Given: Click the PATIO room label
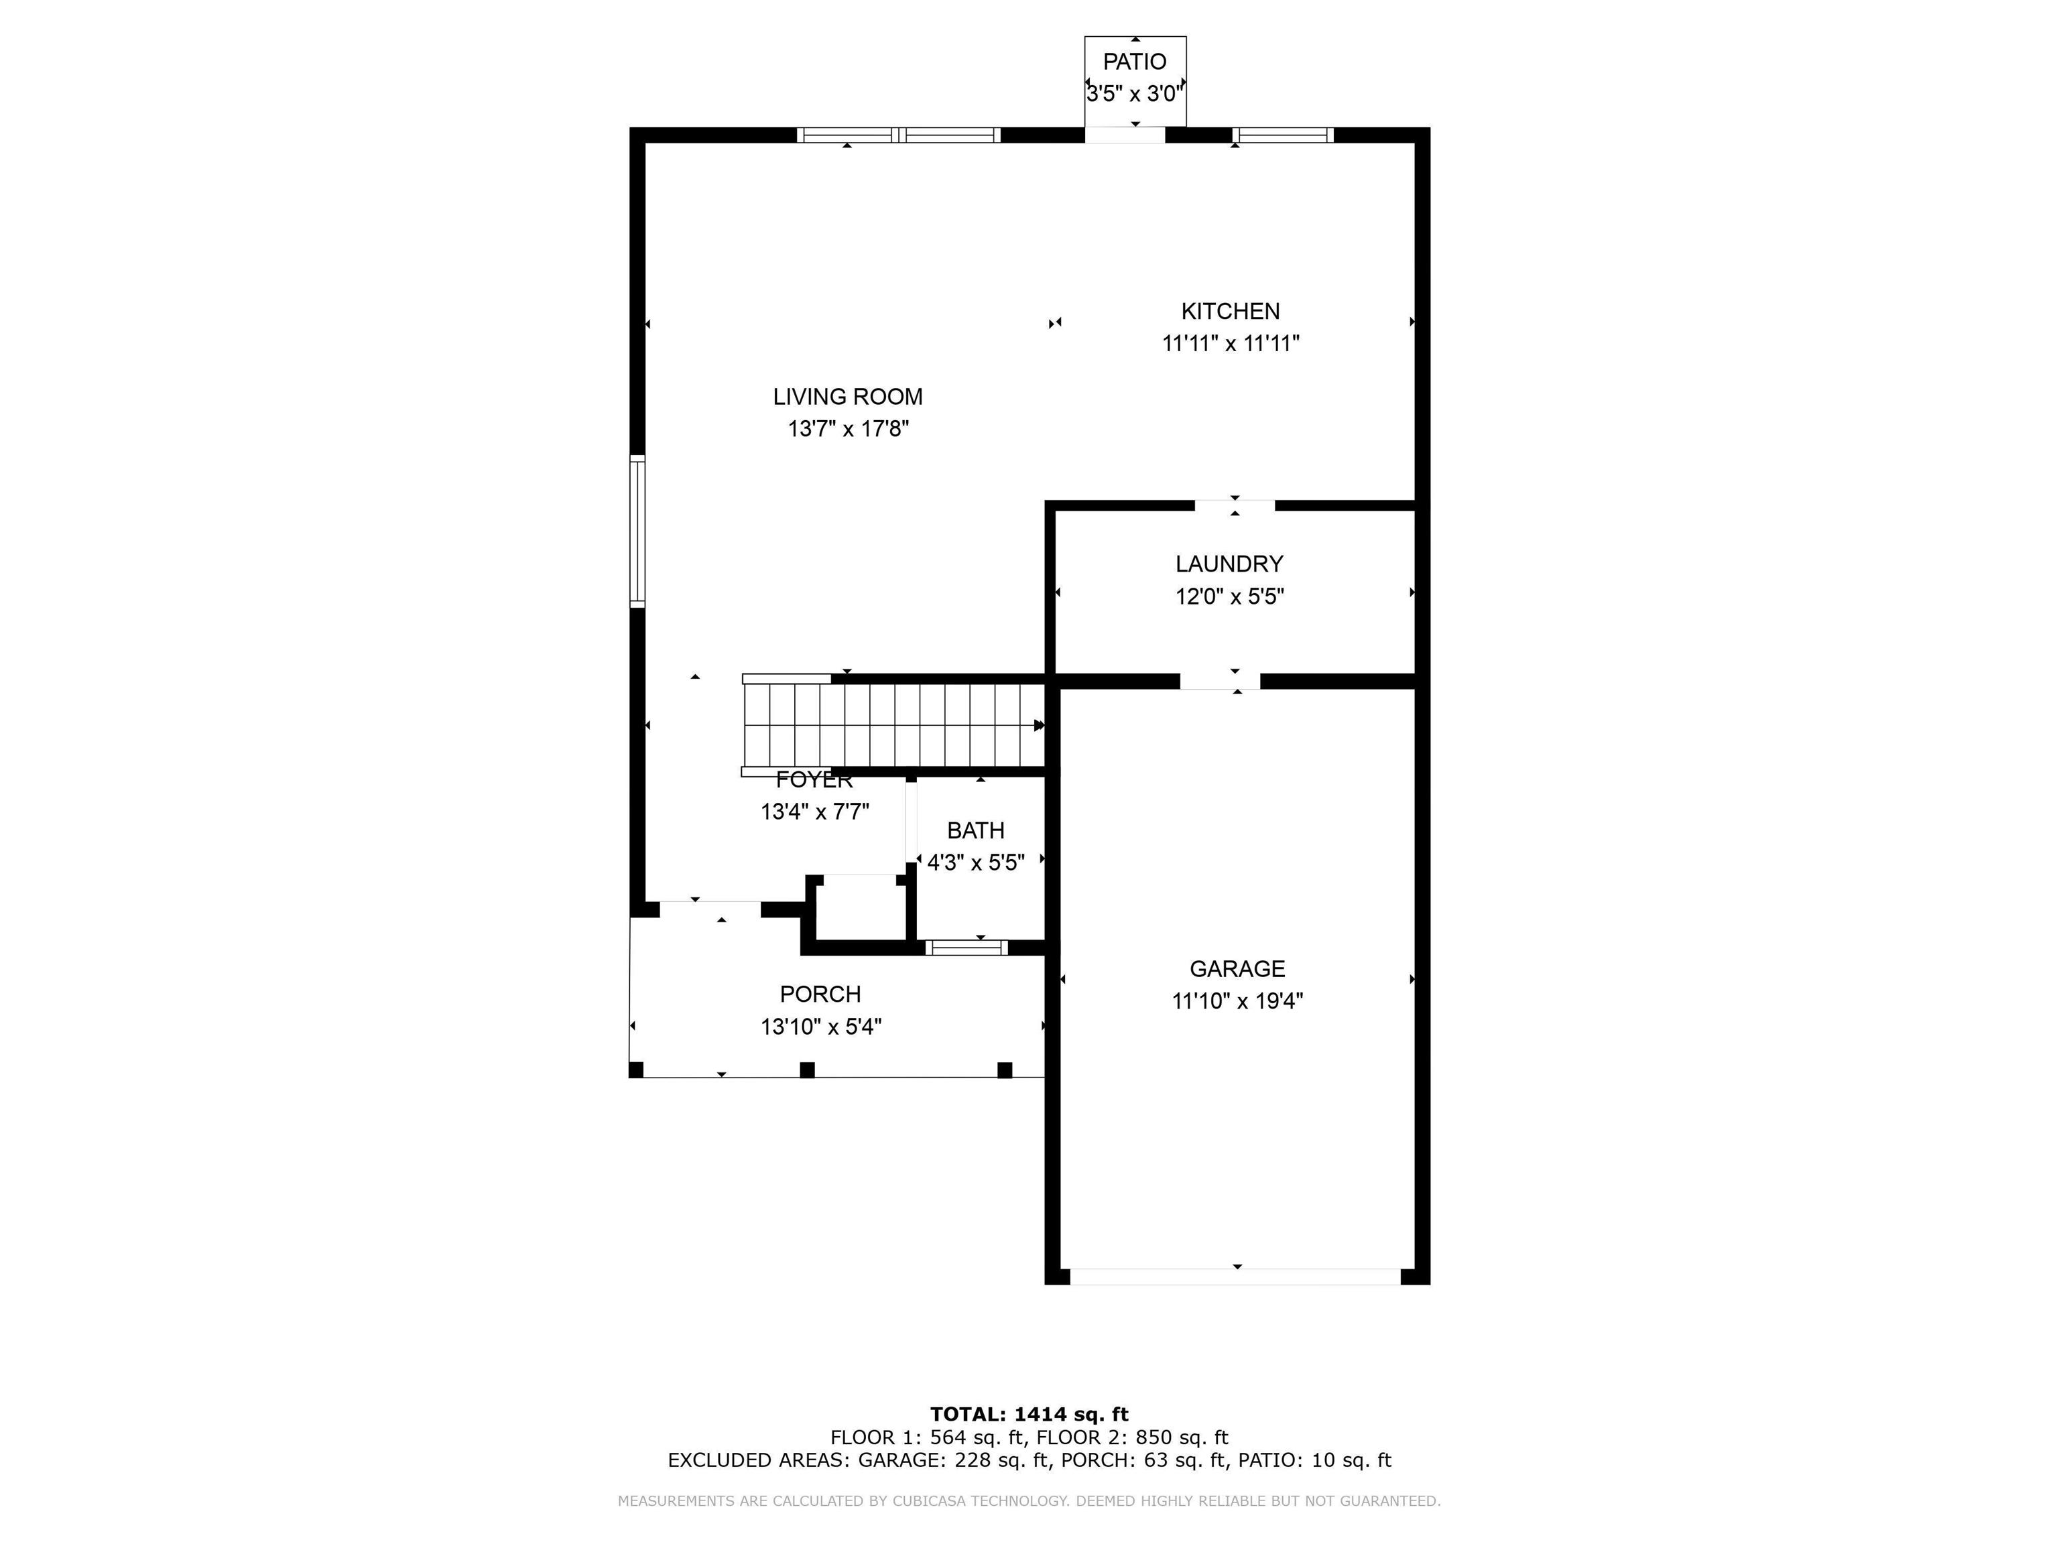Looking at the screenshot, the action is point(1134,62).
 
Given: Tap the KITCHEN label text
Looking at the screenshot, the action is point(1230,311).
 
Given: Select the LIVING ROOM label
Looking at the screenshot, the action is point(847,397).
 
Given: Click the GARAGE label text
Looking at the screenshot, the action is point(1237,969).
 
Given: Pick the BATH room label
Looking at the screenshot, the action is point(975,830).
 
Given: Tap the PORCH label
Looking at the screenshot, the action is point(820,994).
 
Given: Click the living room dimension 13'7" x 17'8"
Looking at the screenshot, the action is point(848,429).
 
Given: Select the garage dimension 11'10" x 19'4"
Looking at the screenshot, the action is point(1237,1001).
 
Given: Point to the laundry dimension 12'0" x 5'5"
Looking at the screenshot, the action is point(1230,596).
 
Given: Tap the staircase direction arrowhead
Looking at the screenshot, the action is point(1040,725).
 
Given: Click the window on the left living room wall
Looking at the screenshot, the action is point(637,531).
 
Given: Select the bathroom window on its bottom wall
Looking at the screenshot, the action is point(967,948).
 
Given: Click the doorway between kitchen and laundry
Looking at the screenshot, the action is point(1235,505).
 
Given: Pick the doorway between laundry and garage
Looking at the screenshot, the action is point(1221,682).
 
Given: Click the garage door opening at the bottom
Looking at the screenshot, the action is point(1235,1277).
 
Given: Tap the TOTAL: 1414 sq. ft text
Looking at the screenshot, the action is point(1029,1415).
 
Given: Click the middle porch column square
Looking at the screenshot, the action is point(807,1070).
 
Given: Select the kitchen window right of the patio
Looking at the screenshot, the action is point(1284,135).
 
